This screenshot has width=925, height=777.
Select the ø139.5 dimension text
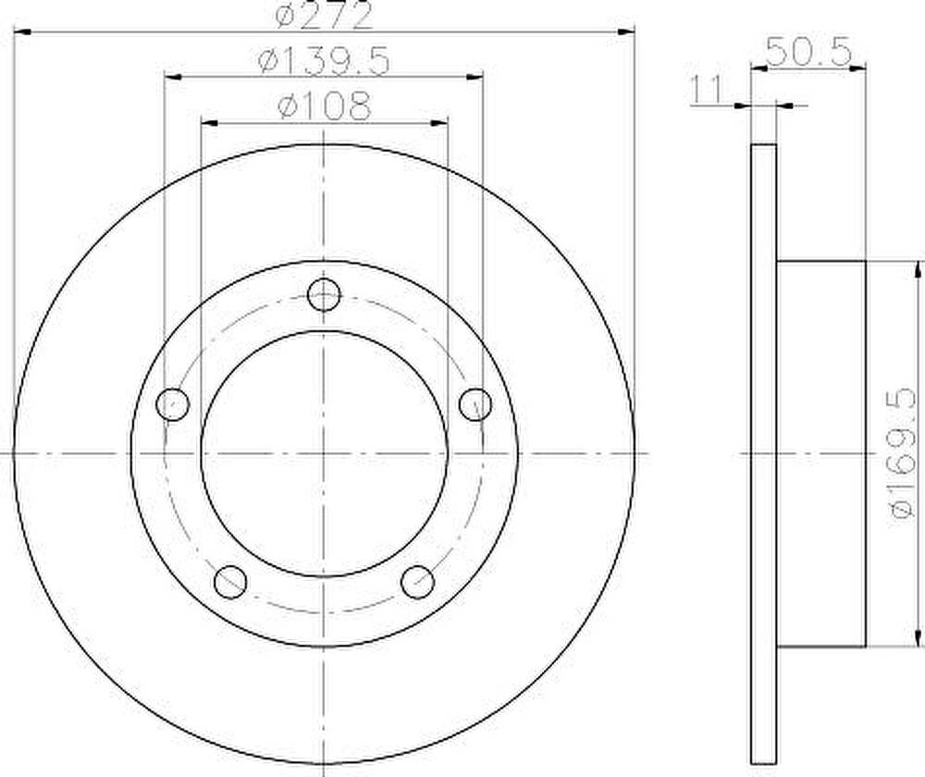click(324, 60)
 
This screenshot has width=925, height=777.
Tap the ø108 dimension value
click(325, 106)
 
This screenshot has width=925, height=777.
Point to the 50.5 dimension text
click(808, 51)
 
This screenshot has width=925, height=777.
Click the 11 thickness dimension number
click(706, 91)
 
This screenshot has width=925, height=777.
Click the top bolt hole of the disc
click(324, 294)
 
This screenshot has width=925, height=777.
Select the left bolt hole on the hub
click(173, 404)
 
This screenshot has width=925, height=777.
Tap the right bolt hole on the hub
click(475, 404)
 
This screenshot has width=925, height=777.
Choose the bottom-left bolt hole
click(230, 582)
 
